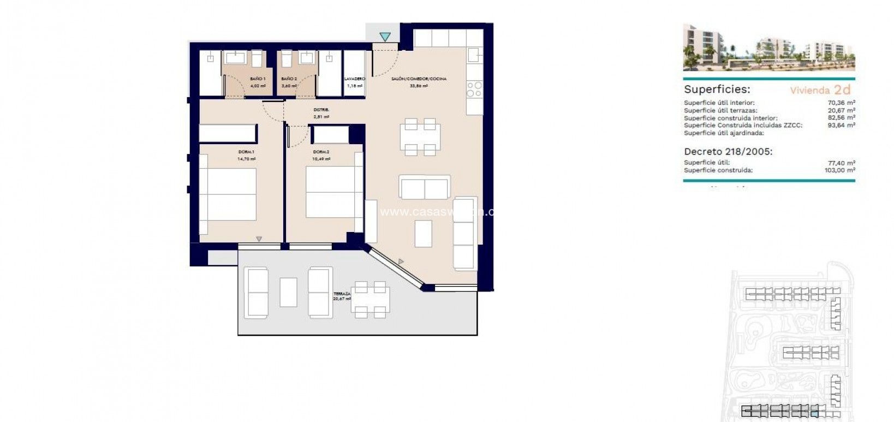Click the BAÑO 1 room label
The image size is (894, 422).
pos(258,79)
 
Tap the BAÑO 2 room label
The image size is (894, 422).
pos(289,79)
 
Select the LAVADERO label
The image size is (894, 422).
pos(355,79)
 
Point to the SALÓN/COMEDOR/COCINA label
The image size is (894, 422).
pos(419,79)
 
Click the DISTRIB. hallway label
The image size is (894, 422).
pos(321,110)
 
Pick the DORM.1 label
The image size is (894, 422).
pos(246,152)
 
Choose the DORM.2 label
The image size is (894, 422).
pos(321,152)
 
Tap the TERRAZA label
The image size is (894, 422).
pos(342,294)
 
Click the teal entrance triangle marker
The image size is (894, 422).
pos(385,37)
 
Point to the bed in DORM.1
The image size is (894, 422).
pos(228,194)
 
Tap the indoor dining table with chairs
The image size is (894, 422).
pos(420,136)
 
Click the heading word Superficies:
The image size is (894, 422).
pos(717,90)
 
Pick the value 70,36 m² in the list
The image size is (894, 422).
pos(841,103)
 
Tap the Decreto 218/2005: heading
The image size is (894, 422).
pos(728,152)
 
